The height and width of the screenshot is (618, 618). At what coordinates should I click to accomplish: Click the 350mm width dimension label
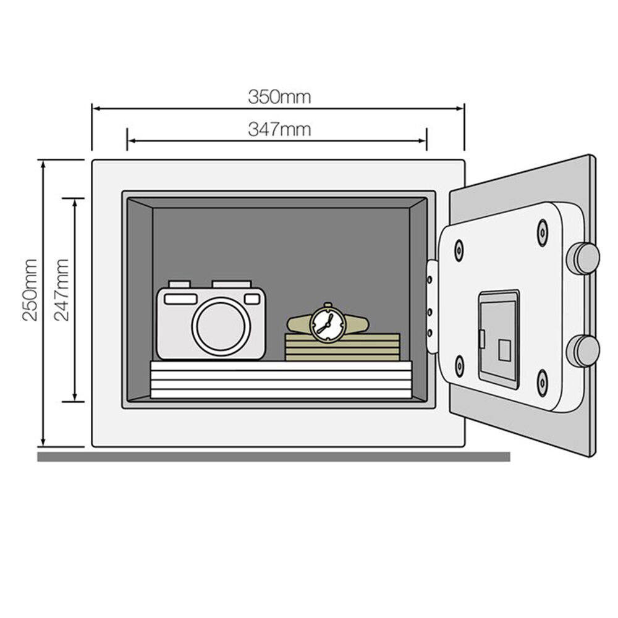click(279, 97)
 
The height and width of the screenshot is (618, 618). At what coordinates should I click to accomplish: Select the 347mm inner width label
click(279, 130)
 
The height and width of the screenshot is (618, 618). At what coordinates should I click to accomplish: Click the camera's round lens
click(221, 326)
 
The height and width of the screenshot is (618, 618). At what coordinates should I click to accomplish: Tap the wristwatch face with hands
click(326, 323)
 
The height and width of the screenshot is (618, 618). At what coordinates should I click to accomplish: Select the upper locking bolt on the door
click(583, 258)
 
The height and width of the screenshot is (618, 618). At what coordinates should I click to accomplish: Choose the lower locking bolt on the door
click(583, 350)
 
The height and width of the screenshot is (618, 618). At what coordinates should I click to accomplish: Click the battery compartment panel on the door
click(499, 339)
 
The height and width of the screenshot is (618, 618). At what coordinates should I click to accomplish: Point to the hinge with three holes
click(431, 307)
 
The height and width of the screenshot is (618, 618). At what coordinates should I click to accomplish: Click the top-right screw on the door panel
click(542, 232)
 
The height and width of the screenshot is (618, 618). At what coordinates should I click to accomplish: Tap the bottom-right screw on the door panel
click(542, 382)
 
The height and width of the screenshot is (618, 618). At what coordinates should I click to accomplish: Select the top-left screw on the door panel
click(459, 250)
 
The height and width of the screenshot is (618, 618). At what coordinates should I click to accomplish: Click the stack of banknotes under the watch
click(342, 347)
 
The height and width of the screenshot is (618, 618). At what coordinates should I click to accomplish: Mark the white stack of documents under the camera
click(281, 379)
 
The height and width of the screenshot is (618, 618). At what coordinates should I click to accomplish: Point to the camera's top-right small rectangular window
click(252, 299)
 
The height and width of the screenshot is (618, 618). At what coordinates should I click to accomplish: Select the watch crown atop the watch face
click(327, 305)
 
